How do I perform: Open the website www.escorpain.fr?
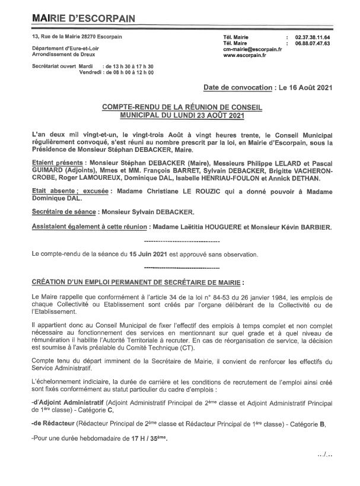coord(245,57)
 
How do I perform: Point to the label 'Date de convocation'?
coord(237,87)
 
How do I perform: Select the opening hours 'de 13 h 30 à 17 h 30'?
coord(129,66)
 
